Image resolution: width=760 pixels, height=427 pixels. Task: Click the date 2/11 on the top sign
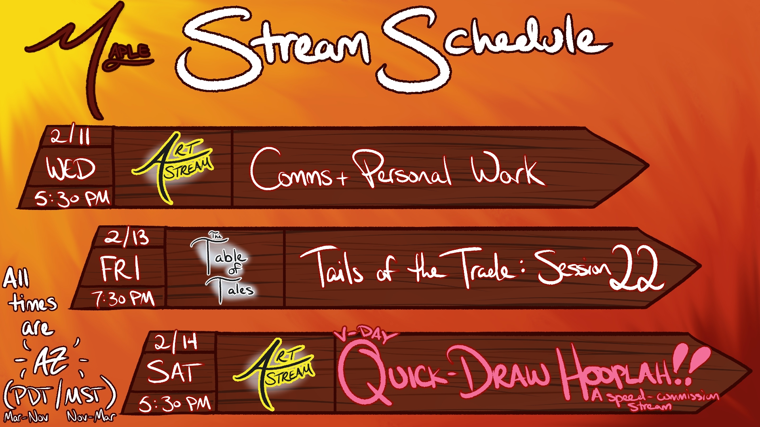click(70, 136)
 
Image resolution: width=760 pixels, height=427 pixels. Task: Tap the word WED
click(71, 168)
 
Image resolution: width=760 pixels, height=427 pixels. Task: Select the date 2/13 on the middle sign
click(127, 237)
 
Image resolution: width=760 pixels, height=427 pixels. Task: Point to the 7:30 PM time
click(123, 299)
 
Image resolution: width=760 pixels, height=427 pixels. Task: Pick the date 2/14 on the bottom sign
click(176, 342)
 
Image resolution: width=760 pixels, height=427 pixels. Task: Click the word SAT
click(174, 372)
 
